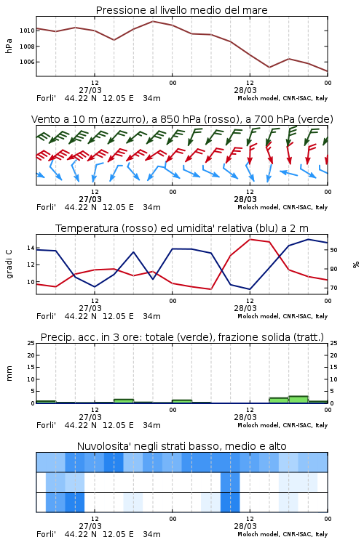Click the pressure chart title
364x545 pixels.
(x=181, y=10)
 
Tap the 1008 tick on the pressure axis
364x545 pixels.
(x=26, y=47)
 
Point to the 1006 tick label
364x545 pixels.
(x=26, y=62)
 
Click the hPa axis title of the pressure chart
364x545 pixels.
(x=9, y=46)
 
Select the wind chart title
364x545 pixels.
(x=182, y=119)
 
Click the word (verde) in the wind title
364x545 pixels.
(x=315, y=119)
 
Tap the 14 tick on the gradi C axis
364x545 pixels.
(x=31, y=249)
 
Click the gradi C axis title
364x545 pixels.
(x=9, y=265)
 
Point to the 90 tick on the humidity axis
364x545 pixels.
(x=333, y=250)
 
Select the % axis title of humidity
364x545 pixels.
(x=356, y=265)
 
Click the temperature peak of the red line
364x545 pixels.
(x=250, y=239)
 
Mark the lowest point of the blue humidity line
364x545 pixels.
(x=250, y=289)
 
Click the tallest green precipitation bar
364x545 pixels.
(x=298, y=400)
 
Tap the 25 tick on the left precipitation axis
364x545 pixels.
(x=31, y=343)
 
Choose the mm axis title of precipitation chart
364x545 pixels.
(x=9, y=374)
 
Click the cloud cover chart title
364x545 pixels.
(x=181, y=446)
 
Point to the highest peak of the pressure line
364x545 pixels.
(x=153, y=21)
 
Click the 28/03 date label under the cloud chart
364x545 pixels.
(x=245, y=526)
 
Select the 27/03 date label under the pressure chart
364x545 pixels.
(x=90, y=90)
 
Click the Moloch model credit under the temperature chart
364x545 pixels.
(x=282, y=316)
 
